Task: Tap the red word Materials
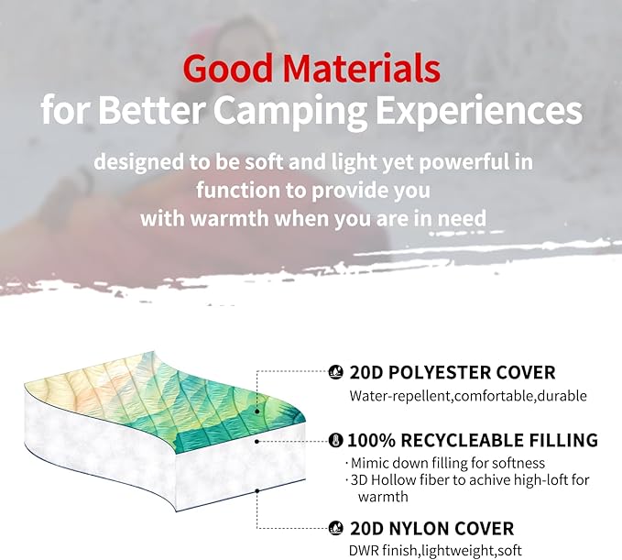pos(362,68)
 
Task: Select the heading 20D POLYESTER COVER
pos(452,373)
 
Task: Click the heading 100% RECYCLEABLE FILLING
pos(472,440)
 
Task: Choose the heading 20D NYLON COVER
pos(431,528)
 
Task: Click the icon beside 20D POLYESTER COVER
pos(336,373)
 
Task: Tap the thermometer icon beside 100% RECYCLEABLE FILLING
pos(336,440)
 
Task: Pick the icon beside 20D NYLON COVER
pos(336,528)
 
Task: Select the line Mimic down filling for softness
pos(448,463)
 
